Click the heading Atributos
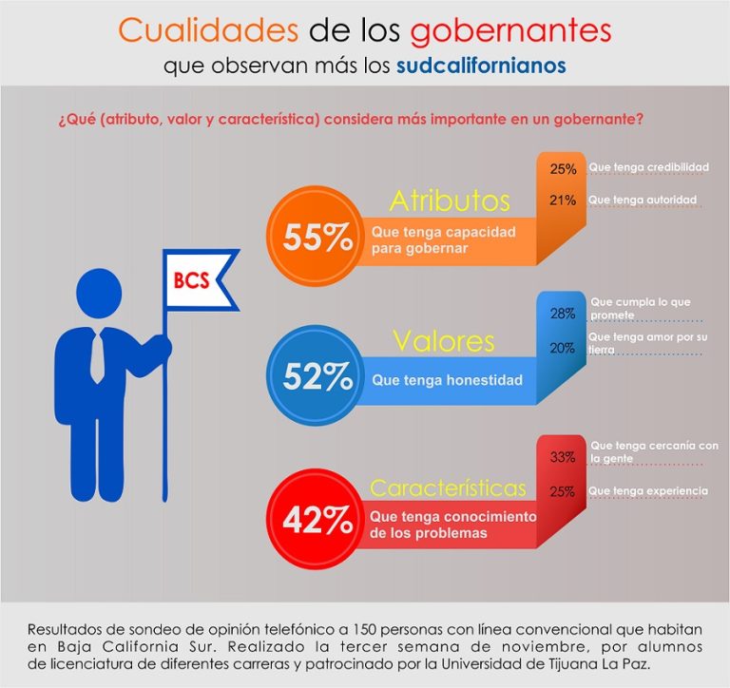click(x=450, y=201)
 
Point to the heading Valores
click(x=443, y=340)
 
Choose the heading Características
click(x=448, y=488)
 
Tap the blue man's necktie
click(x=98, y=356)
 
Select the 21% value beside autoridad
click(x=563, y=200)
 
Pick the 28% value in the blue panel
click(x=563, y=314)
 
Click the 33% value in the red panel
click(x=563, y=457)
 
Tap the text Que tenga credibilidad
click(x=648, y=167)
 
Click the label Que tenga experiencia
click(x=648, y=490)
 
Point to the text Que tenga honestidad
click(x=447, y=380)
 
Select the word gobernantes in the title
click(x=510, y=30)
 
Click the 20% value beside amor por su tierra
click(x=563, y=348)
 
